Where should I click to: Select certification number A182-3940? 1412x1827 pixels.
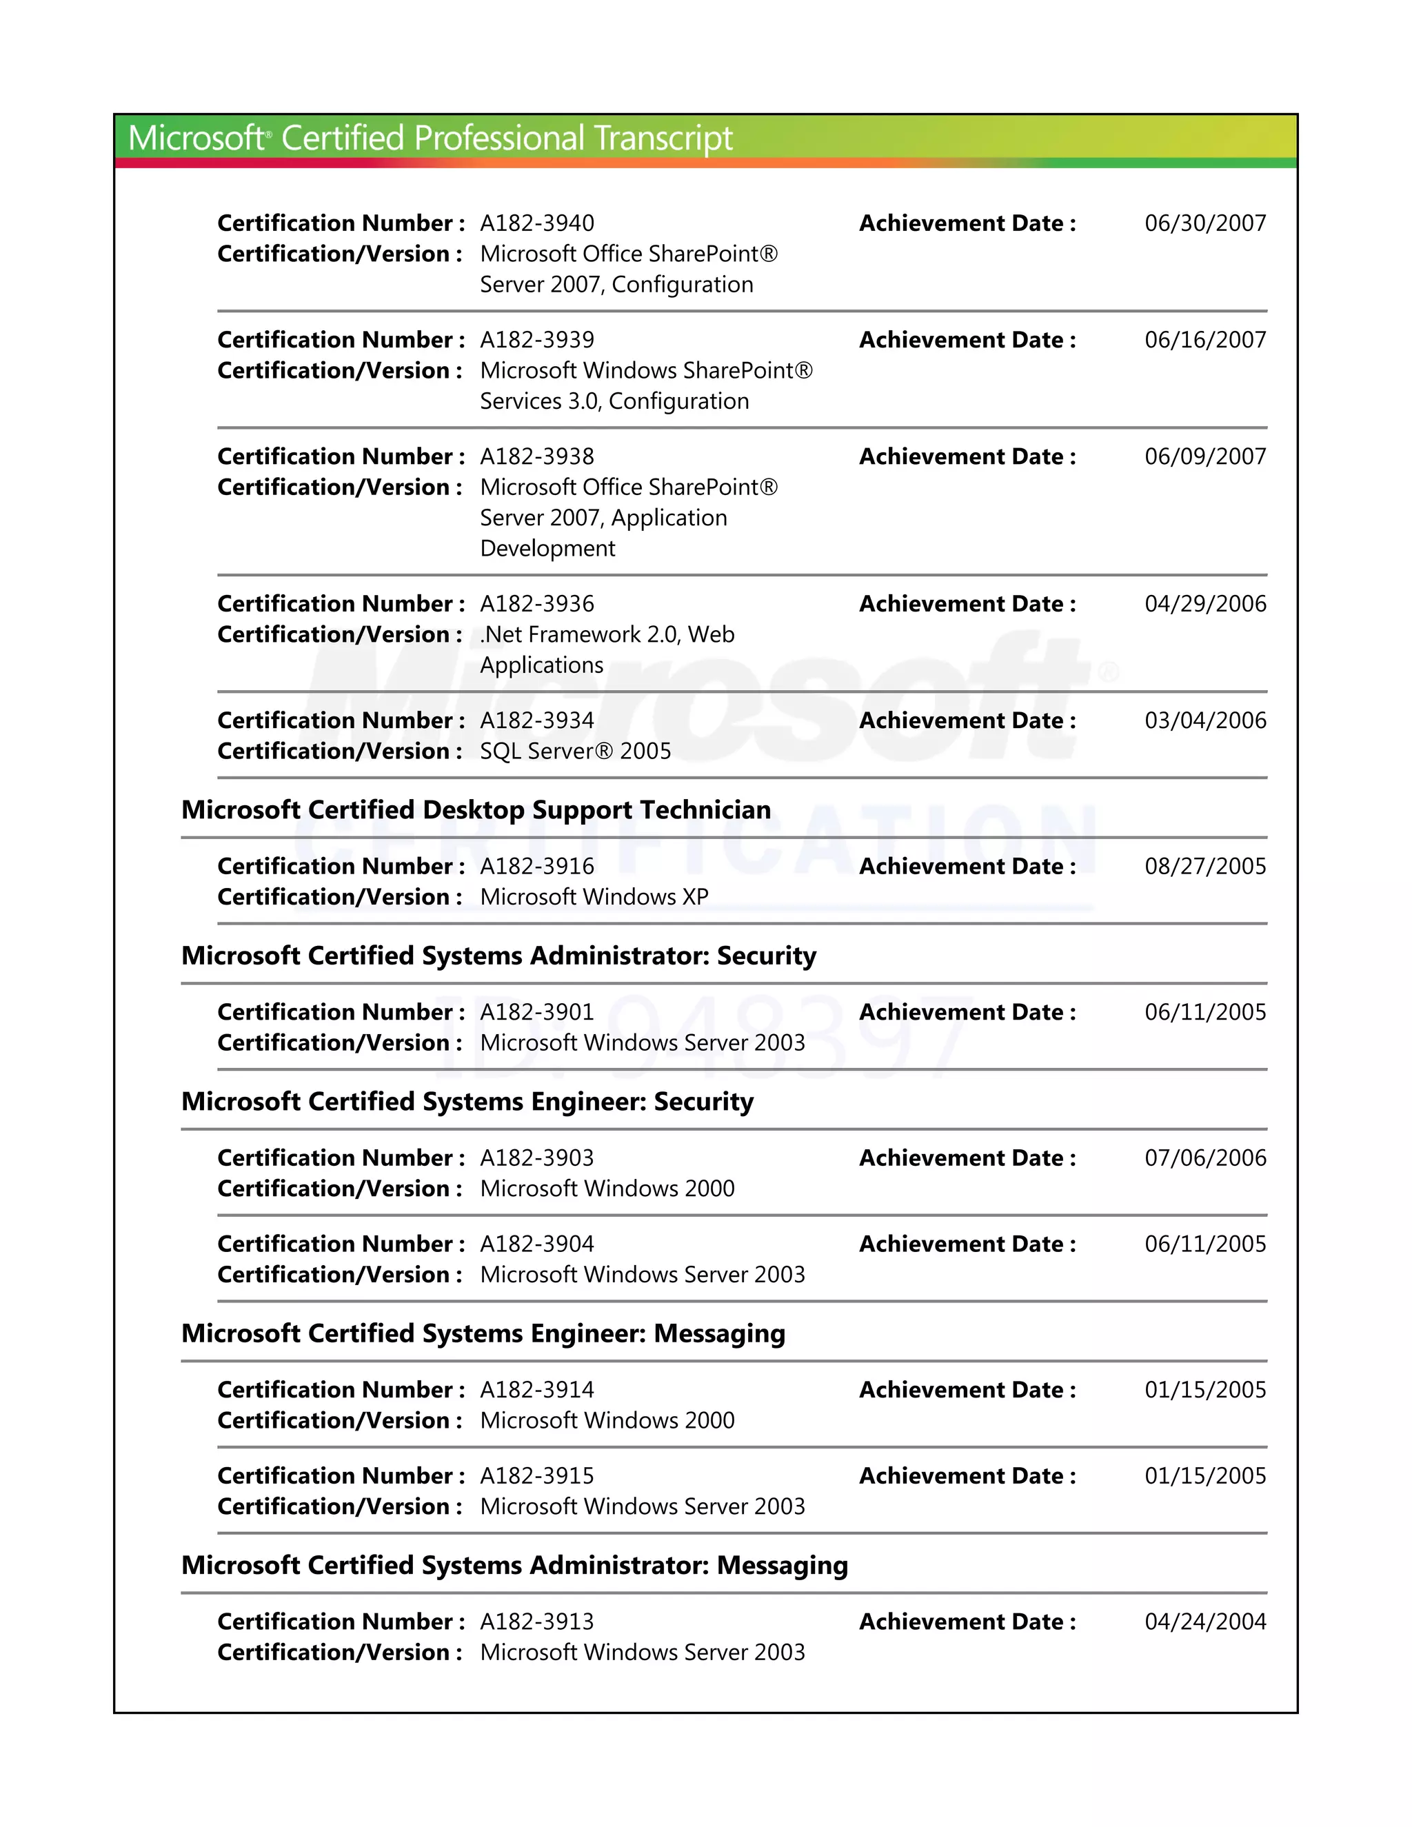click(537, 223)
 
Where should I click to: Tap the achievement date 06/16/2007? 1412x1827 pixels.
click(1204, 340)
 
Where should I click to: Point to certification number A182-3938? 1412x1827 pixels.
click(537, 456)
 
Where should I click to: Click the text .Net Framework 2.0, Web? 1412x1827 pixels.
click(607, 635)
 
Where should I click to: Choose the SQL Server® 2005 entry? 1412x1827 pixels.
click(576, 751)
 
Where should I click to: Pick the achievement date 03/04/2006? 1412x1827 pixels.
click(1204, 720)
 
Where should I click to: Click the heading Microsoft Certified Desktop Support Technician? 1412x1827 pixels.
click(476, 810)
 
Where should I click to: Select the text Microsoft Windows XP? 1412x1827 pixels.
click(594, 897)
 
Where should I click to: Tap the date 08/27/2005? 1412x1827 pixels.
click(1204, 866)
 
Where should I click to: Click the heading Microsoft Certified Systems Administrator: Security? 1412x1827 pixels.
click(498, 956)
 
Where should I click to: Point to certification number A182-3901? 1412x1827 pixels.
click(537, 1012)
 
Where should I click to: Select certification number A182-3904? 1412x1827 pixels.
click(537, 1244)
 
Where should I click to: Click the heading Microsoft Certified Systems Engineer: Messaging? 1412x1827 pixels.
click(483, 1333)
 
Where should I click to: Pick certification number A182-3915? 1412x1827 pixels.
click(537, 1475)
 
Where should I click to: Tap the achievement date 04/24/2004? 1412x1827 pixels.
click(1204, 1622)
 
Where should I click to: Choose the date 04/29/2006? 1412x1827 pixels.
click(1204, 604)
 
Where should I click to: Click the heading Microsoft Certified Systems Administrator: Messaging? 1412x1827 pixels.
click(514, 1565)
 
